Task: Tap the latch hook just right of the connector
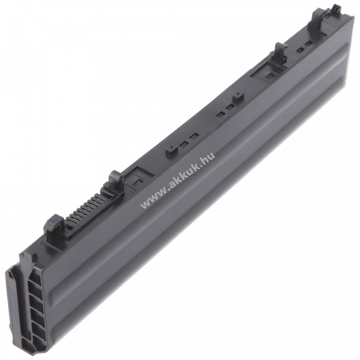(x=116, y=181)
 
